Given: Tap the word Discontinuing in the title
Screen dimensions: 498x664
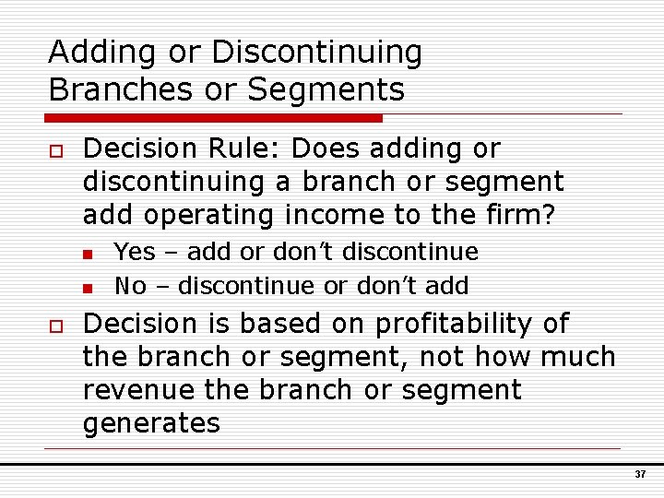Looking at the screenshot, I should point(316,53).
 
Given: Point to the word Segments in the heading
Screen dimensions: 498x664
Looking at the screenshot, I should point(339,89).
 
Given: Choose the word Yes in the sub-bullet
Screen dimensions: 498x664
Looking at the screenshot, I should point(134,252).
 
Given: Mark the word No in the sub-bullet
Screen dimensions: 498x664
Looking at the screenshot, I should point(130,286).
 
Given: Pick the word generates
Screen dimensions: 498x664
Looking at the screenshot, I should point(151,423).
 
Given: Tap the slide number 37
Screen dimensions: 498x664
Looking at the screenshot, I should point(640,474).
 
